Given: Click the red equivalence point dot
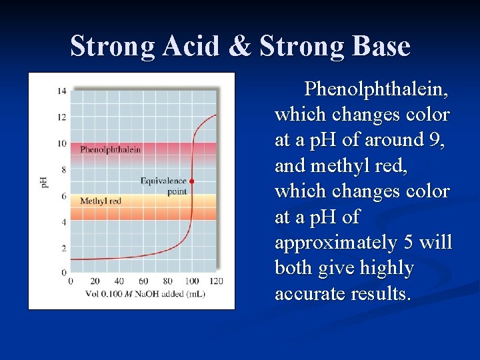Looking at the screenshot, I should pos(192,181).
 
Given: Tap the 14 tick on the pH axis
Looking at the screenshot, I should pos(61,91).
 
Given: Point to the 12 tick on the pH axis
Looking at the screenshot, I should pos(61,117).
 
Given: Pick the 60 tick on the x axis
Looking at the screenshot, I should pos(143,281).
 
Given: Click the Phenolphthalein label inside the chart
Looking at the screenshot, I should pos(110,149).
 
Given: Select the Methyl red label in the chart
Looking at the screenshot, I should pos(100,201).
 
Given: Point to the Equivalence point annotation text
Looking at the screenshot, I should pos(163,185).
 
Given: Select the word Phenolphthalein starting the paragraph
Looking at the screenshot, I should pos(376,89).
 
